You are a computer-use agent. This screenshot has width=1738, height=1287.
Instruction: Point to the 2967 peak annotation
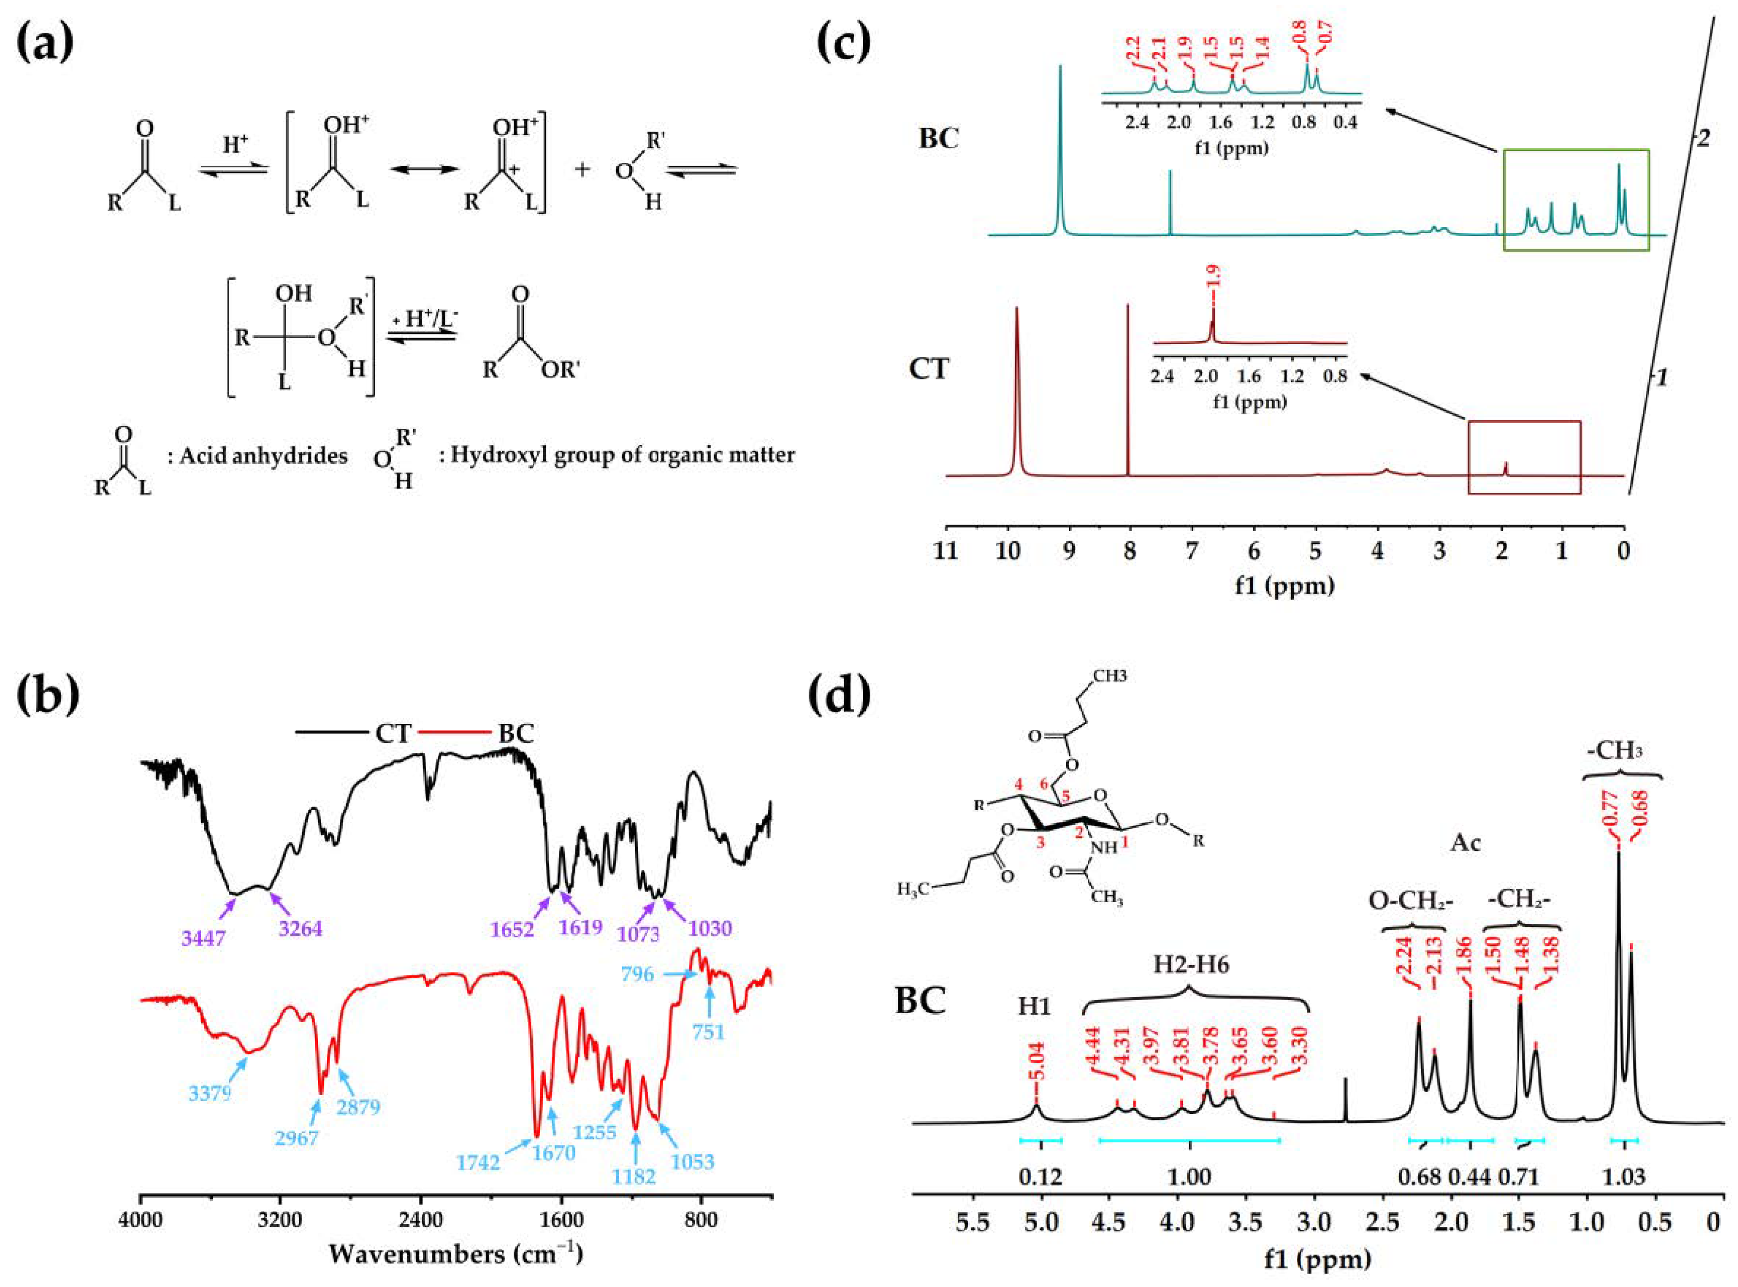pyautogui.click(x=297, y=1137)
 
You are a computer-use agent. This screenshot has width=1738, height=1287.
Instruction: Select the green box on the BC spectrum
pyautogui.click(x=1576, y=200)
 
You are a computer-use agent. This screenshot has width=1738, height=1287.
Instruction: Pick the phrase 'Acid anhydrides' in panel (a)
pyautogui.click(x=263, y=456)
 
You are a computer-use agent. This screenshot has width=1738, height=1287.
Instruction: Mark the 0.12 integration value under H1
pyautogui.click(x=1040, y=1177)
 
